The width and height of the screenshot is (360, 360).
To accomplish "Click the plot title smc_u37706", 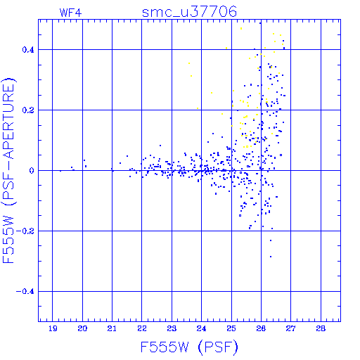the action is click(189, 12).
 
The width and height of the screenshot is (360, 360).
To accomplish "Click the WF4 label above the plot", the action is click(70, 13).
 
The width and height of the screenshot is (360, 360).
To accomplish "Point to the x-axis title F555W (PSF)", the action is click(189, 347).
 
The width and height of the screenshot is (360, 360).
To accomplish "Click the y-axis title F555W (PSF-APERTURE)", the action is click(8, 171).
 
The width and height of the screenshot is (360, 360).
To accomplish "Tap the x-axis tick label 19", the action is click(53, 328).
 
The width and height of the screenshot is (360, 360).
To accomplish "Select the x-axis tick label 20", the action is click(82, 328).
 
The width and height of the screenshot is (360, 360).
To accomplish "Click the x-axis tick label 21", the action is click(112, 328).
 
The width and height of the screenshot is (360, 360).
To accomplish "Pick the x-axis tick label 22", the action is click(142, 328).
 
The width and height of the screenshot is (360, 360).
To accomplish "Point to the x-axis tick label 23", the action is click(172, 328).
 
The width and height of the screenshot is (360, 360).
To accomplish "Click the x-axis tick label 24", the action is click(201, 328).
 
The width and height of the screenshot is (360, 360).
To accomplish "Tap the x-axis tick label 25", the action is click(231, 328).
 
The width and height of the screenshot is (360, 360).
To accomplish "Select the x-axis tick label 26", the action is click(261, 328).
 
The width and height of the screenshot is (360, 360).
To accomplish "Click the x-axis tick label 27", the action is click(290, 328).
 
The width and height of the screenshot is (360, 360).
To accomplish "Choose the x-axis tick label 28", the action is click(321, 328).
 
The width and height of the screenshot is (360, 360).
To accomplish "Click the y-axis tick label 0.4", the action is click(28, 50).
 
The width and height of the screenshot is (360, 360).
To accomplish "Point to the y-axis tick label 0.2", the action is click(28, 110).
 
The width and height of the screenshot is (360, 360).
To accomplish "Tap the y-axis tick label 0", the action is click(32, 171).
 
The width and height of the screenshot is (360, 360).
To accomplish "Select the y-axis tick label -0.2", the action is click(25, 231).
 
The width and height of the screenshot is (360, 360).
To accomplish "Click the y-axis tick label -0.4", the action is click(25, 292).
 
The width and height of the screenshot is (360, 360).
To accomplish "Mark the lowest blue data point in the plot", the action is click(271, 257).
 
